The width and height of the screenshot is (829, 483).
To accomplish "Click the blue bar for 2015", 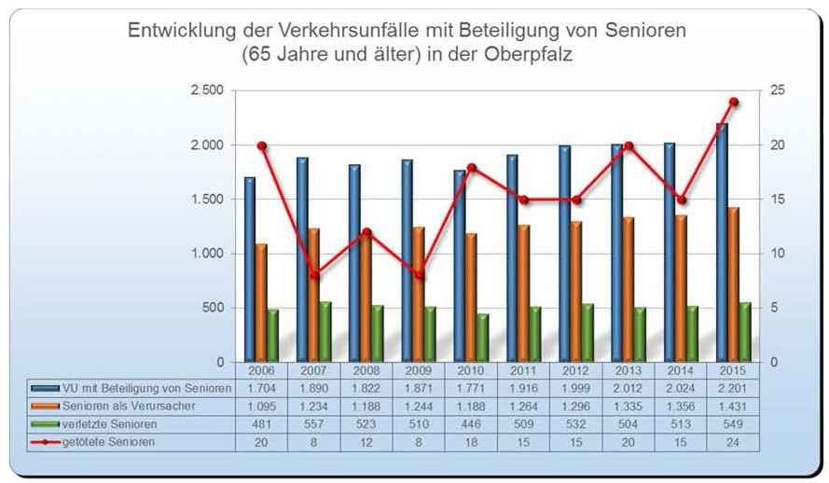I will click(x=721, y=242).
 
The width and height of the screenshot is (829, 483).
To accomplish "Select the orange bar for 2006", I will click(x=261, y=302).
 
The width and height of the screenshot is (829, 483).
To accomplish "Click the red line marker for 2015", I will click(x=734, y=102).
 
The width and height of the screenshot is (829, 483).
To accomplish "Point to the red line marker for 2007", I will click(x=314, y=275).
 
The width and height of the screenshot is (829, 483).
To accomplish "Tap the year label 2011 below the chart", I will click(x=523, y=370).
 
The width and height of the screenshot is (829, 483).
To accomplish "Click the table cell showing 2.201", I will click(x=733, y=388).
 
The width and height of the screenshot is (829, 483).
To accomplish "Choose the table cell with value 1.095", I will click(x=261, y=406).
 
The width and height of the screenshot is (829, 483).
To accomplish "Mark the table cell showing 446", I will click(x=471, y=423).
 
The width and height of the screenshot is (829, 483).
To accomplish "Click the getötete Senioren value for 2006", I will click(x=261, y=441).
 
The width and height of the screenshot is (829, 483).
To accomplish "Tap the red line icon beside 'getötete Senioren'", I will click(x=45, y=441).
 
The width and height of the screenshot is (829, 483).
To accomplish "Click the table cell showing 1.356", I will click(x=681, y=406).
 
